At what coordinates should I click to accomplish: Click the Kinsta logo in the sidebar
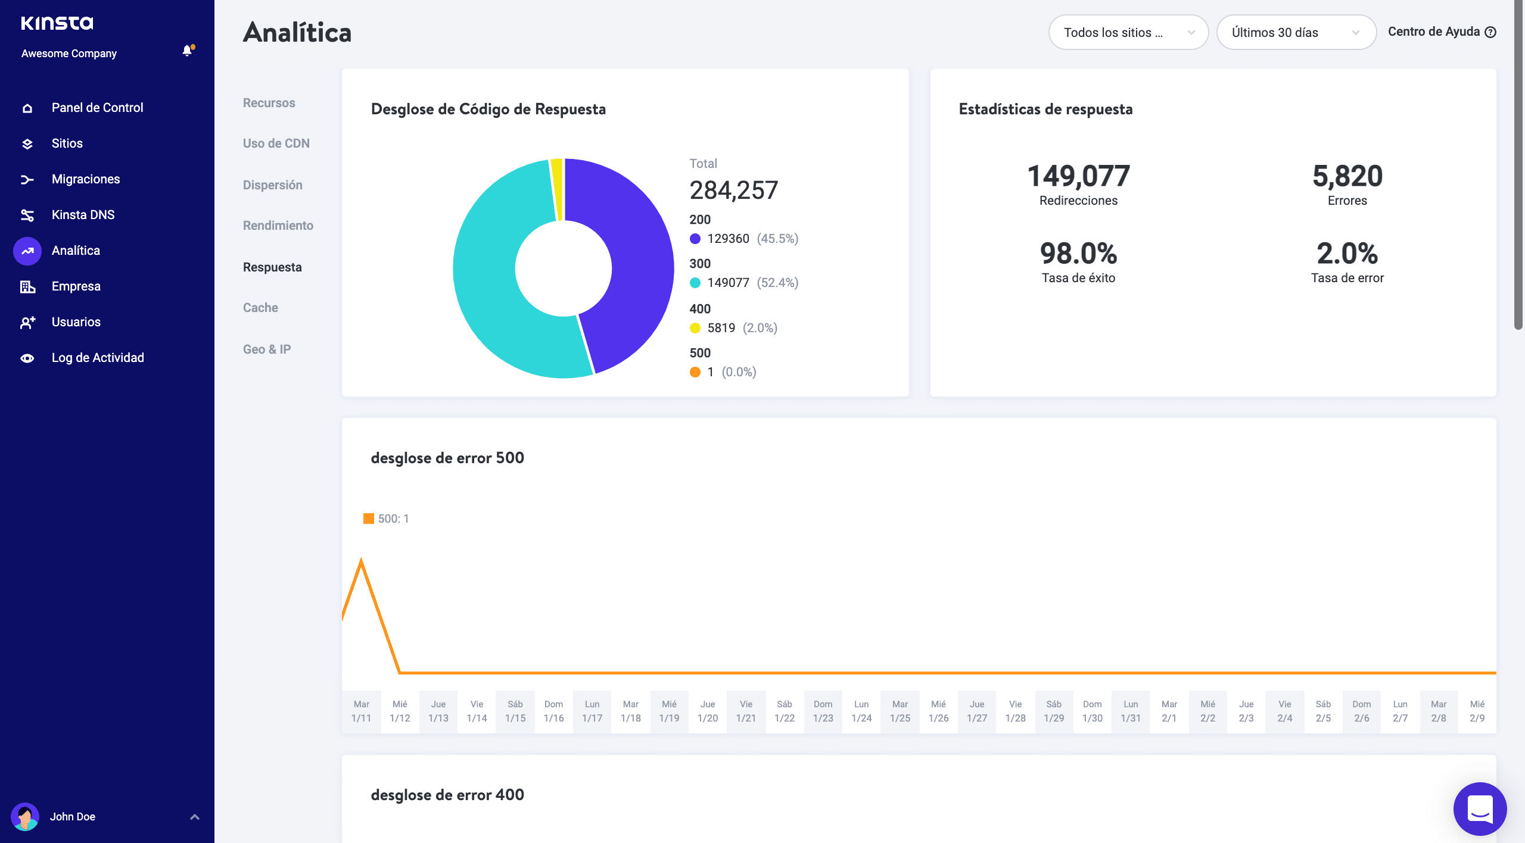(57, 23)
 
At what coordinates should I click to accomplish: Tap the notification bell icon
(187, 51)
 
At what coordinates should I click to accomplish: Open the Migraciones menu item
(85, 179)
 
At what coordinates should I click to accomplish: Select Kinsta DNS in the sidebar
(83, 215)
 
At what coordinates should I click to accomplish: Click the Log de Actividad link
(98, 358)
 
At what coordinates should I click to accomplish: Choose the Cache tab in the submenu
(260, 308)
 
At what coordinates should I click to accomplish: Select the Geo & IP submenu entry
(267, 349)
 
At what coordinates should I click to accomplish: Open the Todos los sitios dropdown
(1128, 33)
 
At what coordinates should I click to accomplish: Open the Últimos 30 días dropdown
(1295, 33)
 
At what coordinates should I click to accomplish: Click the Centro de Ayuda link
(1440, 32)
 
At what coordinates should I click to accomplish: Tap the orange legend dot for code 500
(695, 372)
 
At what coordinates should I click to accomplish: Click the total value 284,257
(733, 191)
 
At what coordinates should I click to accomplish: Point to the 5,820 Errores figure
(1347, 177)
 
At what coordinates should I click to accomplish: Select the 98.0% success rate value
(1078, 254)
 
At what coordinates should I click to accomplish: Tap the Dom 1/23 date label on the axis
(823, 711)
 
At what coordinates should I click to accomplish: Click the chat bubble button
(1480, 808)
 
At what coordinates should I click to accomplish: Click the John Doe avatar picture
(25, 817)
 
